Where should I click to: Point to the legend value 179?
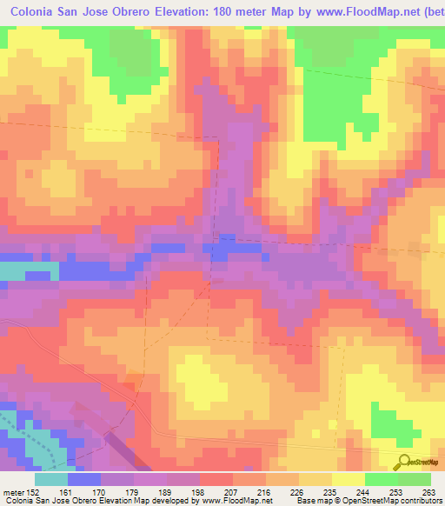click(x=135, y=490)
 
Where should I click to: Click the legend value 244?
click(x=365, y=490)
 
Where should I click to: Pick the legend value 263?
click(x=429, y=490)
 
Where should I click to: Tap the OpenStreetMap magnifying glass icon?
click(x=404, y=463)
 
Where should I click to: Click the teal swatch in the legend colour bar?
click(x=50, y=479)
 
